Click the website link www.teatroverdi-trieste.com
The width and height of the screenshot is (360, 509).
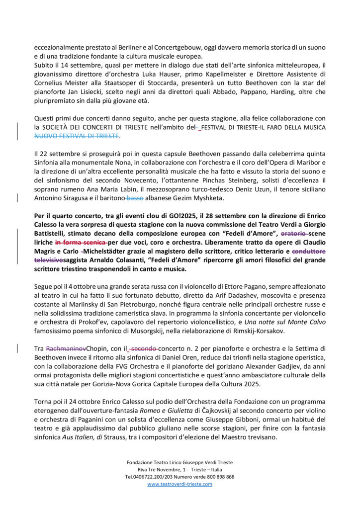pyautogui.click(x=180, y=484)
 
